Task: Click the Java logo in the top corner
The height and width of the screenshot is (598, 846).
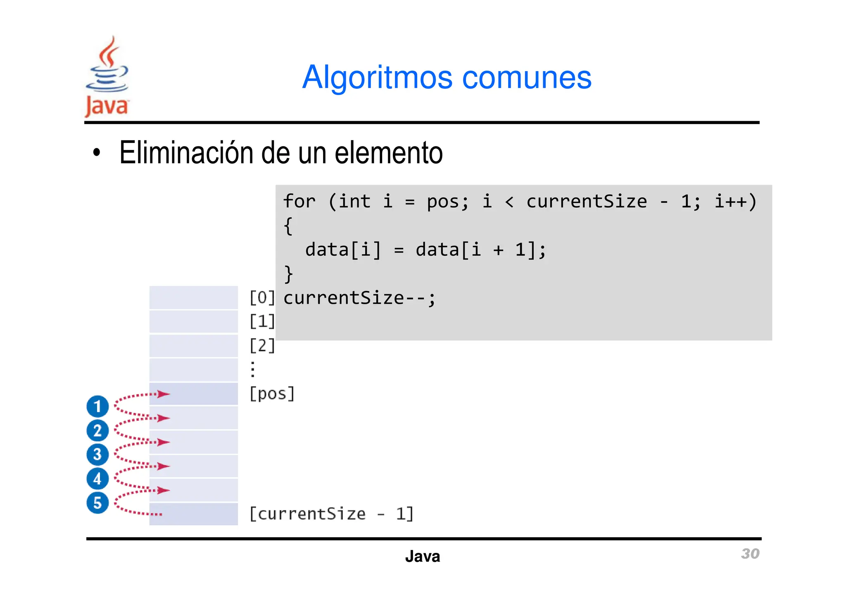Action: tap(107, 77)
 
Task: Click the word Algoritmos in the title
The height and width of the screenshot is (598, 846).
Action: tap(377, 78)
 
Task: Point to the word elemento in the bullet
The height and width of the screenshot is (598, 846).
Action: tap(388, 153)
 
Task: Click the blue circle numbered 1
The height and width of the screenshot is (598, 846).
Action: tap(97, 407)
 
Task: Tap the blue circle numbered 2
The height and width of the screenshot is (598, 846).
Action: tap(97, 431)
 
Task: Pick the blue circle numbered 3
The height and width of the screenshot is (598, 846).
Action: tap(97, 455)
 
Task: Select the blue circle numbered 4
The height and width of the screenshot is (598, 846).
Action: tap(97, 479)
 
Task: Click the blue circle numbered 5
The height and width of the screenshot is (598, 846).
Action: tap(97, 503)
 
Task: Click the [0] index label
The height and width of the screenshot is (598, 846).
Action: tap(262, 298)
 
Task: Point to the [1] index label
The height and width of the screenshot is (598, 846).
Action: tap(262, 322)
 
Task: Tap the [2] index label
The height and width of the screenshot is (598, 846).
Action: tap(262, 345)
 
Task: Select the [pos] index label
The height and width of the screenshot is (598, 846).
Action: tap(272, 394)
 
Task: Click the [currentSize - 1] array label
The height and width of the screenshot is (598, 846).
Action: tap(331, 514)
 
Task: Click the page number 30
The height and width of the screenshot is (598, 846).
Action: tap(750, 554)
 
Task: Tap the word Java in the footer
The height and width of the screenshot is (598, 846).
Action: tap(422, 557)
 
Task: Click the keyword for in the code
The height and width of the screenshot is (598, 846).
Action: tap(299, 202)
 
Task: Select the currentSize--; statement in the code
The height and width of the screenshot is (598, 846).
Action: tap(359, 298)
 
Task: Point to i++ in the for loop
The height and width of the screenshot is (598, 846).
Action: tap(730, 202)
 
